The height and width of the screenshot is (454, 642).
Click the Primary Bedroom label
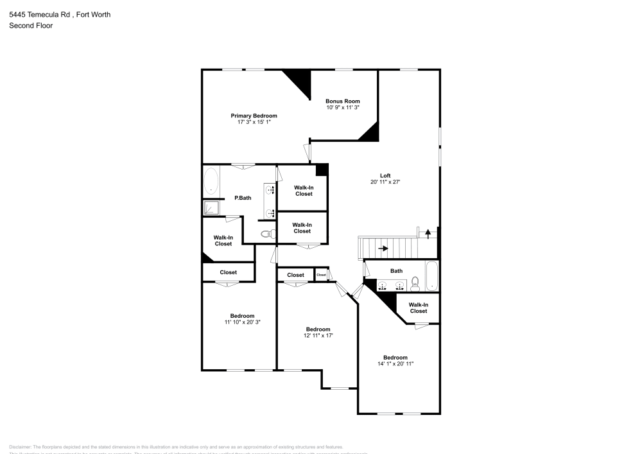[x=254, y=116]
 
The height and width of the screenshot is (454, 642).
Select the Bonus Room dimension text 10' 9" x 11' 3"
[x=342, y=108]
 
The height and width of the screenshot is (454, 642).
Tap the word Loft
[x=385, y=175]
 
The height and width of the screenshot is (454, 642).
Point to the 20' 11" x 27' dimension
[x=385, y=182]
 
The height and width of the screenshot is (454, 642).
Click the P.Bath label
[x=242, y=198]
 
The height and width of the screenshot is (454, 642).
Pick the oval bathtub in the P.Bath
[x=211, y=181]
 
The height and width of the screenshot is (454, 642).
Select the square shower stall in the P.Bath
[x=211, y=207]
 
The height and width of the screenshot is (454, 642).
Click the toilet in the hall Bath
[x=415, y=282]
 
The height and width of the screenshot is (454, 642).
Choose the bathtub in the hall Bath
[x=431, y=275]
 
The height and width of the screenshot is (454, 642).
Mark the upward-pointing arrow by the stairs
[x=428, y=233]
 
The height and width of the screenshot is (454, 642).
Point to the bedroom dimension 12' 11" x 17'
[x=318, y=335]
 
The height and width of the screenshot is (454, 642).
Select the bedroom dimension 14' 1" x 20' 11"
[x=395, y=363]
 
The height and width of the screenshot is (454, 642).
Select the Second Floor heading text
[x=31, y=26]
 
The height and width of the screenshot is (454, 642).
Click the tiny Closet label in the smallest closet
[x=322, y=275]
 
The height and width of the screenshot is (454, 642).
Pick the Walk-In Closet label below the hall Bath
[x=418, y=308]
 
